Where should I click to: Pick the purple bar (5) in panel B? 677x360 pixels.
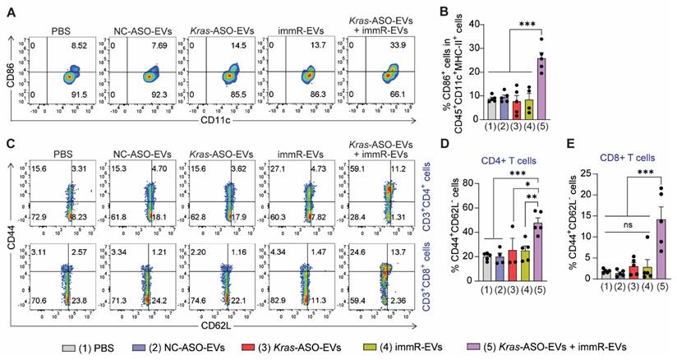click(x=539, y=79)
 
